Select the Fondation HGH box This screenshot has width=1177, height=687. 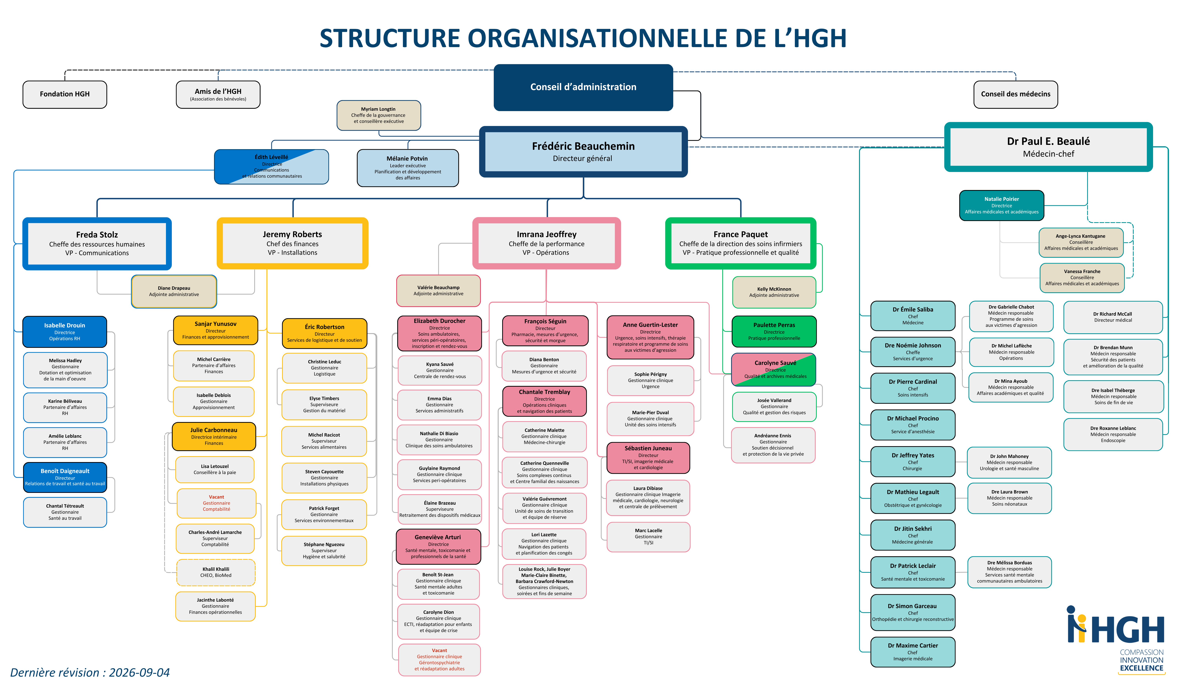pyautogui.click(x=65, y=94)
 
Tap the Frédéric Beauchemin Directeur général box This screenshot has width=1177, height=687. pyautogui.click(x=583, y=152)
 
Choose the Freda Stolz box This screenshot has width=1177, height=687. pyautogui.click(x=97, y=243)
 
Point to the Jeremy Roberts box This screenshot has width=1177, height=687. pyautogui.click(x=292, y=243)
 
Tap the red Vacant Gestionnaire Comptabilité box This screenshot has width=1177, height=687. pyautogui.click(x=216, y=503)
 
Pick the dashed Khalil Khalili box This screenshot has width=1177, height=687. pyautogui.click(x=216, y=573)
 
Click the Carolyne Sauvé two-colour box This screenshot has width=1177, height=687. pyautogui.click(x=774, y=369)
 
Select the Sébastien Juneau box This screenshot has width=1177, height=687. pyautogui.click(x=648, y=458)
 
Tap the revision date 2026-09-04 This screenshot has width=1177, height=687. pyautogui.click(x=139, y=672)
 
